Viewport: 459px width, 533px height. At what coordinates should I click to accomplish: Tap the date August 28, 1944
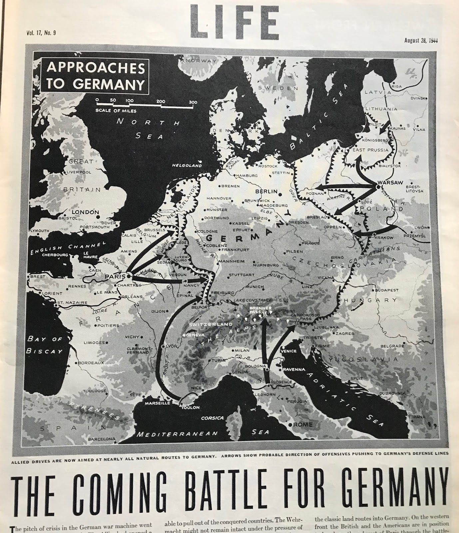(x=421, y=41)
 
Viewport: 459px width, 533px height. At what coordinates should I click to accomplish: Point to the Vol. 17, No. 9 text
(x=41, y=33)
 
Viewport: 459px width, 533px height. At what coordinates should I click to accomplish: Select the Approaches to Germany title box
(x=95, y=75)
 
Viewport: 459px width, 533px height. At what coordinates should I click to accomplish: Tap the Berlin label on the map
(x=266, y=192)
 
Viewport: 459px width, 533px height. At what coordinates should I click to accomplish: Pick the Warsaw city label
(x=391, y=183)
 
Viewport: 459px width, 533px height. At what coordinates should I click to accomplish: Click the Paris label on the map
(x=115, y=276)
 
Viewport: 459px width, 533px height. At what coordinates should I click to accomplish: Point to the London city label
(x=86, y=212)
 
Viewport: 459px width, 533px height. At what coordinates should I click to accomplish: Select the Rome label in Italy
(x=303, y=424)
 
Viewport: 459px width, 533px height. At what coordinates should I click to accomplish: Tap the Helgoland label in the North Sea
(x=187, y=165)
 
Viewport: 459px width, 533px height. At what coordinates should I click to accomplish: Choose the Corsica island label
(x=212, y=418)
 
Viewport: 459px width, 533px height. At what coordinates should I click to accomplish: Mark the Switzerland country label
(x=211, y=324)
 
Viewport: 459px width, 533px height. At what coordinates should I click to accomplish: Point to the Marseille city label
(x=157, y=403)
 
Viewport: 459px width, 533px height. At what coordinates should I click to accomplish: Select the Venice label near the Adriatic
(x=288, y=351)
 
